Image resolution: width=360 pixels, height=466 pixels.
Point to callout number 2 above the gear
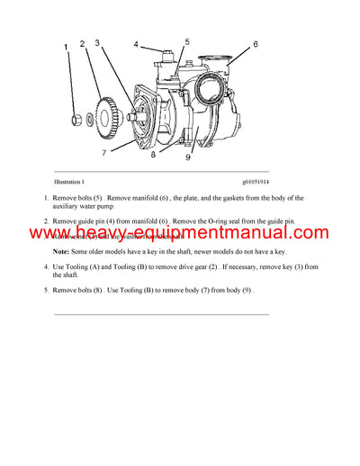coord(82,44)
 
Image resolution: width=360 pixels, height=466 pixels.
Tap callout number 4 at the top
coord(137,43)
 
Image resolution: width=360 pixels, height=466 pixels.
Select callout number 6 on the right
coord(255,44)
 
